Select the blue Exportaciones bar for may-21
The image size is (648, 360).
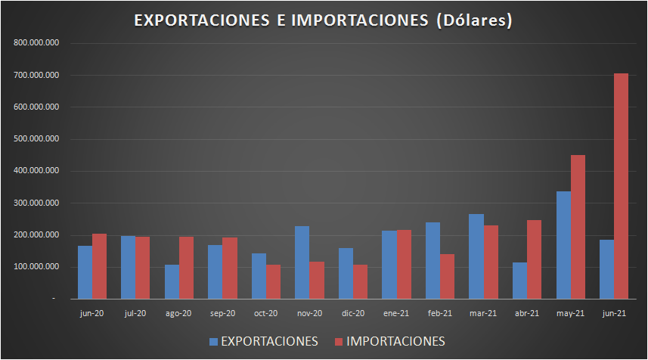[563, 245]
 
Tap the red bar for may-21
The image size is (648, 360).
[578, 227]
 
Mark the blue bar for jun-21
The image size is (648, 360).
[606, 269]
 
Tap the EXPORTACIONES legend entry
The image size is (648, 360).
[264, 341]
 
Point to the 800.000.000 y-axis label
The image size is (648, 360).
[37, 43]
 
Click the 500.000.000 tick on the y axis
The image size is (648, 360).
[37, 139]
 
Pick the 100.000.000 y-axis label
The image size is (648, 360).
[37, 267]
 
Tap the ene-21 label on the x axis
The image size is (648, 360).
[396, 312]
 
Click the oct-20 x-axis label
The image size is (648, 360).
[265, 312]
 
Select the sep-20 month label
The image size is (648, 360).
[222, 312]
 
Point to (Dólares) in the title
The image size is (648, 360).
[474, 21]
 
